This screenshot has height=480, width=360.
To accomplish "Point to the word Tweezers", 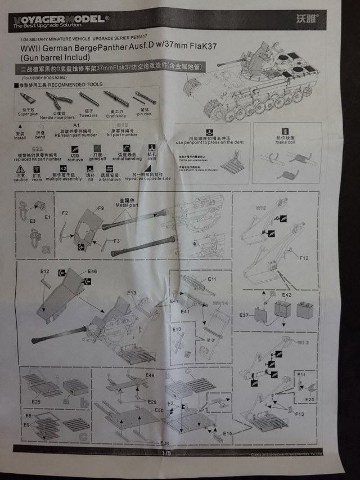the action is tap(88, 115).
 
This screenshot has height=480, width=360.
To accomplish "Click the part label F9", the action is tap(101, 208).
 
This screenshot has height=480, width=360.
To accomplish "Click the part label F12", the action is tap(304, 258).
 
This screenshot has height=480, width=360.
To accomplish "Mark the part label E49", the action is tap(150, 375).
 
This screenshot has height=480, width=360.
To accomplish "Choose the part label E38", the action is tap(164, 443).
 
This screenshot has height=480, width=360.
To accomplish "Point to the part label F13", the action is tap(299, 414).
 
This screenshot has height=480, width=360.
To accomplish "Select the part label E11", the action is tap(212, 279).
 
